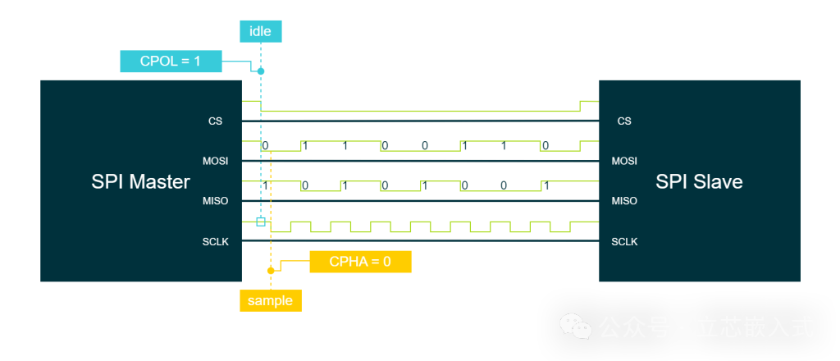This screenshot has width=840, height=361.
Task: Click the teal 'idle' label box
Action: pos(261,31)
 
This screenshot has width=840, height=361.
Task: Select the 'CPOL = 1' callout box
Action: pos(171,61)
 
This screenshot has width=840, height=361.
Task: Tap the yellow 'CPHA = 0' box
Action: pos(360,262)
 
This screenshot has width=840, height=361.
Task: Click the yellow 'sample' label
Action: pos(270,300)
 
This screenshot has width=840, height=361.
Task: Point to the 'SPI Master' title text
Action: pos(141,182)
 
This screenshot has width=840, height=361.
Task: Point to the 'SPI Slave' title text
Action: pos(699,182)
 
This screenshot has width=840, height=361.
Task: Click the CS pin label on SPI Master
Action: pos(215,121)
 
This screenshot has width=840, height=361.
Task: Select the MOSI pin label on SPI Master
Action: pos(215,161)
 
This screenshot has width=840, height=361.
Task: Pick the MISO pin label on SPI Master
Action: pos(215,201)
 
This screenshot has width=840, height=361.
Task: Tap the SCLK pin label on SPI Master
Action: pos(215,241)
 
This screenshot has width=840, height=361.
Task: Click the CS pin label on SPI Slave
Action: pos(624,121)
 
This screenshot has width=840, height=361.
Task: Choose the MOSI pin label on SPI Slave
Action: pos(624,161)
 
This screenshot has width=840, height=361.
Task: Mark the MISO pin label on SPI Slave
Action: pos(624,201)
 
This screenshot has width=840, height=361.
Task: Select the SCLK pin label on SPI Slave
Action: pos(624,241)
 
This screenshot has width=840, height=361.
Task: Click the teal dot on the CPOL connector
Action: pos(261,71)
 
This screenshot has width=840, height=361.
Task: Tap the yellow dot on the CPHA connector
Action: pos(270,270)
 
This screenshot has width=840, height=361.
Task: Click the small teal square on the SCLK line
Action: pos(261,222)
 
